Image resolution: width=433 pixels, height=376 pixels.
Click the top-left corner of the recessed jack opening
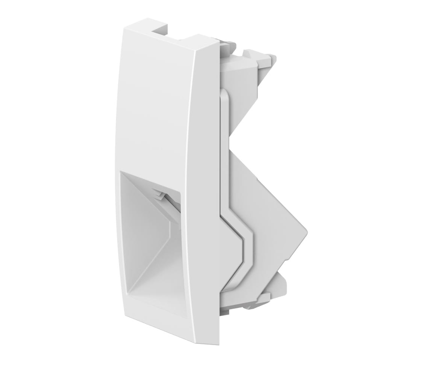coord(120,172)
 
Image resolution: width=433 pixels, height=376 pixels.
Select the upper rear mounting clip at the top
coord(259,58)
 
